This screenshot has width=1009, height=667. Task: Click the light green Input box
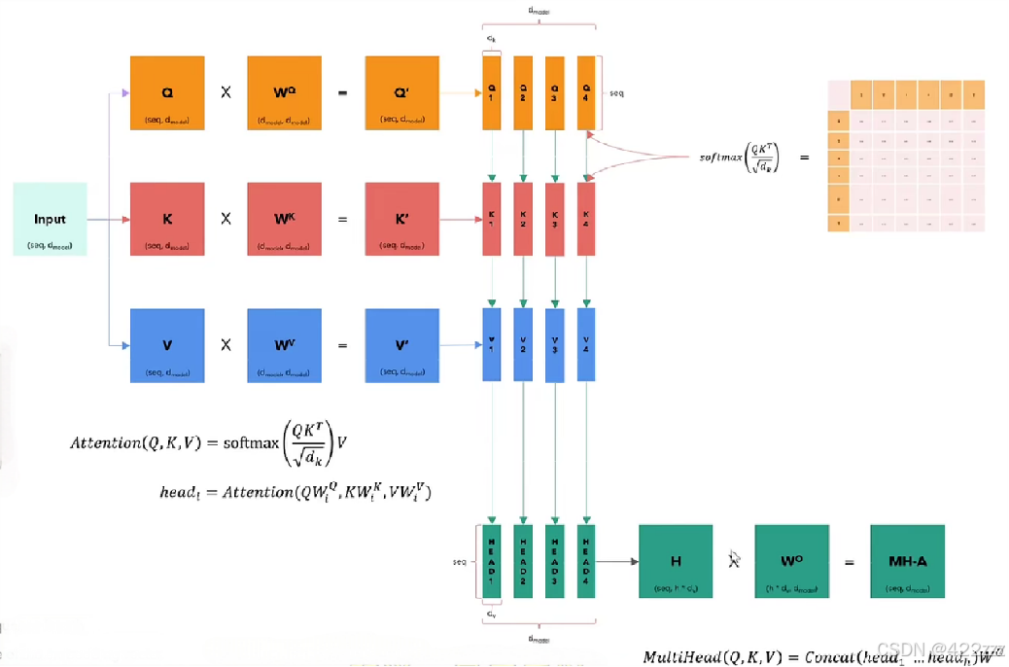coord(51,219)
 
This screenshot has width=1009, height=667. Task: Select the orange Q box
coord(167,92)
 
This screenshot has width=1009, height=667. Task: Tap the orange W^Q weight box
coord(284,92)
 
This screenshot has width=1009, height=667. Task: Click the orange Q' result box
coord(401,92)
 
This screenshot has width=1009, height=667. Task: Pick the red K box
coord(167,219)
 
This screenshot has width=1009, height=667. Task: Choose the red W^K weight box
coord(284,219)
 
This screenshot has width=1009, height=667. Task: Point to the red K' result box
coord(401,219)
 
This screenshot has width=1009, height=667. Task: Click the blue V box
coord(167,345)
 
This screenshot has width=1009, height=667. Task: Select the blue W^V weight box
coord(284,345)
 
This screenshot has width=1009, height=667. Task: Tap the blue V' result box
coord(401,345)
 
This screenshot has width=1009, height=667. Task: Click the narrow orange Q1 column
coord(492,92)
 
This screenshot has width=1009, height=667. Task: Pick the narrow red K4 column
coord(586,219)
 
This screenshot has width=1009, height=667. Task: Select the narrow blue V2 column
coord(523,345)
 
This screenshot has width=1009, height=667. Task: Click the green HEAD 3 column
coord(555,561)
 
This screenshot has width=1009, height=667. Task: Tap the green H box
coord(676,561)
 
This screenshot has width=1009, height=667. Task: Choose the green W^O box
coord(791,561)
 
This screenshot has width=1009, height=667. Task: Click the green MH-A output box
coord(907,561)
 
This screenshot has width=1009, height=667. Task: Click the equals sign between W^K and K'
coord(342,220)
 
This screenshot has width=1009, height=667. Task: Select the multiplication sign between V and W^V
coord(226,345)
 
